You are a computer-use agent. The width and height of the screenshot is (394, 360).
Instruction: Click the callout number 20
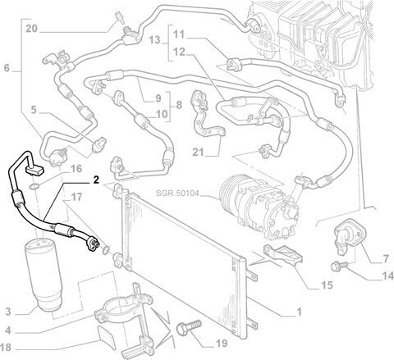coord(31,29)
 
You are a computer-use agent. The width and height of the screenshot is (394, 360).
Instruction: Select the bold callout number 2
coord(95,180)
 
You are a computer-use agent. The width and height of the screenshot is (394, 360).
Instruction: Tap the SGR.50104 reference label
coord(177,194)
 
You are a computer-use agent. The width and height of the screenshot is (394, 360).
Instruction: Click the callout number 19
coord(222,344)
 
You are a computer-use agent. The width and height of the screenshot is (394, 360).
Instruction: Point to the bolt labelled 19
coord(189,327)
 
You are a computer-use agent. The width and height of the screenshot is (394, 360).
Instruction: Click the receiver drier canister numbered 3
coord(44,275)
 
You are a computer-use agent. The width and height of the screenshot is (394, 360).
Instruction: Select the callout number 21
coord(199,152)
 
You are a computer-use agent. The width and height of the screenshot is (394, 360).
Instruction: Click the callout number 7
coord(386,258)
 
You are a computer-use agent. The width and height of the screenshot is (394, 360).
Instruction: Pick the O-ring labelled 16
coord(34,187)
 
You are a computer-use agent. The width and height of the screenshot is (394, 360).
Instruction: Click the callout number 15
coord(327,285)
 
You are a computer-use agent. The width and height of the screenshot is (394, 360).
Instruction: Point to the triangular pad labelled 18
coord(108,337)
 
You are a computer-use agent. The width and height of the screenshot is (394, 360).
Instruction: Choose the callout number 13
coord(154,40)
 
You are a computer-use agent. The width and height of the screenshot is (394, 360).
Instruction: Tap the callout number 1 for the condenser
coord(299,312)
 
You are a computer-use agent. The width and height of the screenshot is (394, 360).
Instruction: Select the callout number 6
coord(7,68)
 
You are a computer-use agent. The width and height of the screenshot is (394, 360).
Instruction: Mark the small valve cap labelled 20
coord(119,16)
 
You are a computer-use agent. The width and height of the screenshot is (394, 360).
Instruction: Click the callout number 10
coord(162,114)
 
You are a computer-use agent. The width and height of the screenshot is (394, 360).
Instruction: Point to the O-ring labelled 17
coord(106,249)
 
